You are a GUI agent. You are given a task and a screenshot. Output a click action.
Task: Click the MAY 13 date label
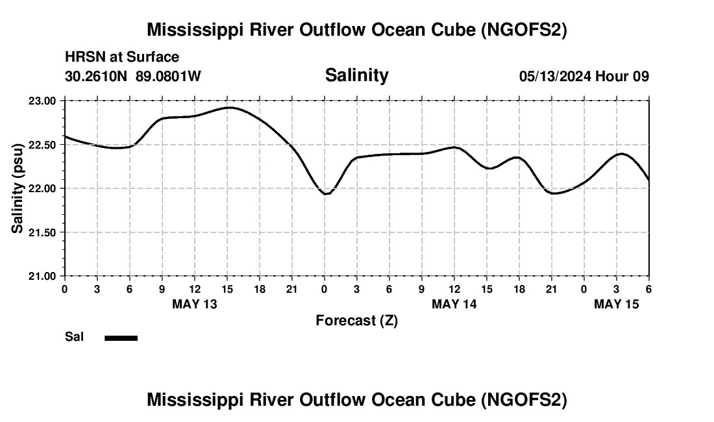[x=195, y=304]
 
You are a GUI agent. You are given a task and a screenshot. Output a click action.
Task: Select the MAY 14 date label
[x=454, y=304]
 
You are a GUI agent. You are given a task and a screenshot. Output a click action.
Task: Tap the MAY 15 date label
[x=617, y=304]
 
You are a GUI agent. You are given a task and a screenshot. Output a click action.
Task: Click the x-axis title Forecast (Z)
[x=356, y=321]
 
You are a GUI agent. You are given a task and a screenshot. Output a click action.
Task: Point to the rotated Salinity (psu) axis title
[x=18, y=188]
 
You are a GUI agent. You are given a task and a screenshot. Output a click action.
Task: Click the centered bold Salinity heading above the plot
[x=356, y=75]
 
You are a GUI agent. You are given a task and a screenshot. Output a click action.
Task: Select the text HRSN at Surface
[x=122, y=58]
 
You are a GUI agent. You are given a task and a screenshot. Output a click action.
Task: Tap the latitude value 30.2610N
[x=97, y=77]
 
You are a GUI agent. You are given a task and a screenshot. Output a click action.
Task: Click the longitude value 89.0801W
[x=168, y=77]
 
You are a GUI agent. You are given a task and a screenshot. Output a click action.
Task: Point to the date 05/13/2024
[x=555, y=77]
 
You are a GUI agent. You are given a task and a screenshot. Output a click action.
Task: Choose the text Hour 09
[x=622, y=77]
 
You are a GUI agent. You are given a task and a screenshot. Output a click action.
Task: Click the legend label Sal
[x=75, y=337]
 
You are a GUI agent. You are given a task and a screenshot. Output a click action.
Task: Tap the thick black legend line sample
[x=121, y=338]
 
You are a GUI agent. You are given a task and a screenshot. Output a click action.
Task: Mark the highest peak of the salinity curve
[x=229, y=107]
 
